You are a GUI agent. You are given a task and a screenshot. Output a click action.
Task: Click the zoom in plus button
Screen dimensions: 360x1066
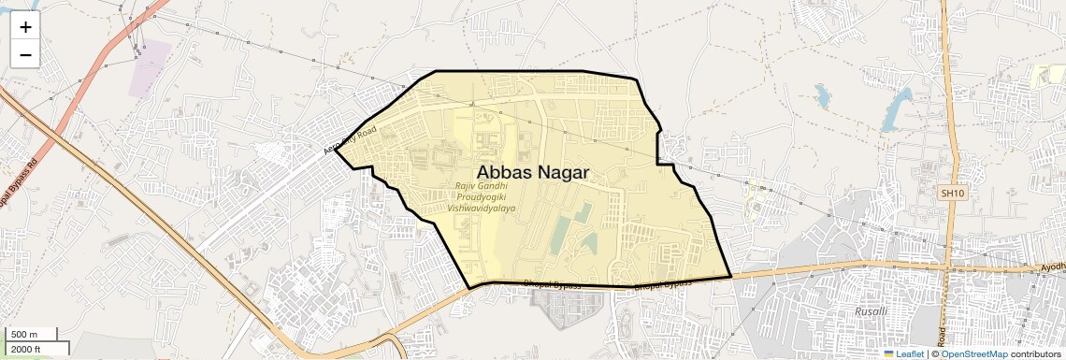[25, 27]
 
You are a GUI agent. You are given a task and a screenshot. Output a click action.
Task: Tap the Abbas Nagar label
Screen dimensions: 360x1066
[533, 172]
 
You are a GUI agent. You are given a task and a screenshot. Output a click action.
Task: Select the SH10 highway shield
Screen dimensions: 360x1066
[952, 193]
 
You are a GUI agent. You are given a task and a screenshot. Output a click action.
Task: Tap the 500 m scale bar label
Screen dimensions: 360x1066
[25, 335]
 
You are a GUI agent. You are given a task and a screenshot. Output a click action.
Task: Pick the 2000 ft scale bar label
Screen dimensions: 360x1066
[27, 350]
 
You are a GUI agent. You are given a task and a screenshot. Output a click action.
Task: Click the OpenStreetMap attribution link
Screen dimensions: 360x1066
[973, 354]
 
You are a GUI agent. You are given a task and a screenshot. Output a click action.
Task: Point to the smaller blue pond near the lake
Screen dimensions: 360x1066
[823, 94]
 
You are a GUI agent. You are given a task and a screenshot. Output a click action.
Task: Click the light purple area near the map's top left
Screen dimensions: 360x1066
[151, 67]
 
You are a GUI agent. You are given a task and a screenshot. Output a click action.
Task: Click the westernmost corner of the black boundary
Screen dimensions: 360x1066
[335, 148]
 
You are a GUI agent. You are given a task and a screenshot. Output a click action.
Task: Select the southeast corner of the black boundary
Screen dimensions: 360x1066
[730, 277]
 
